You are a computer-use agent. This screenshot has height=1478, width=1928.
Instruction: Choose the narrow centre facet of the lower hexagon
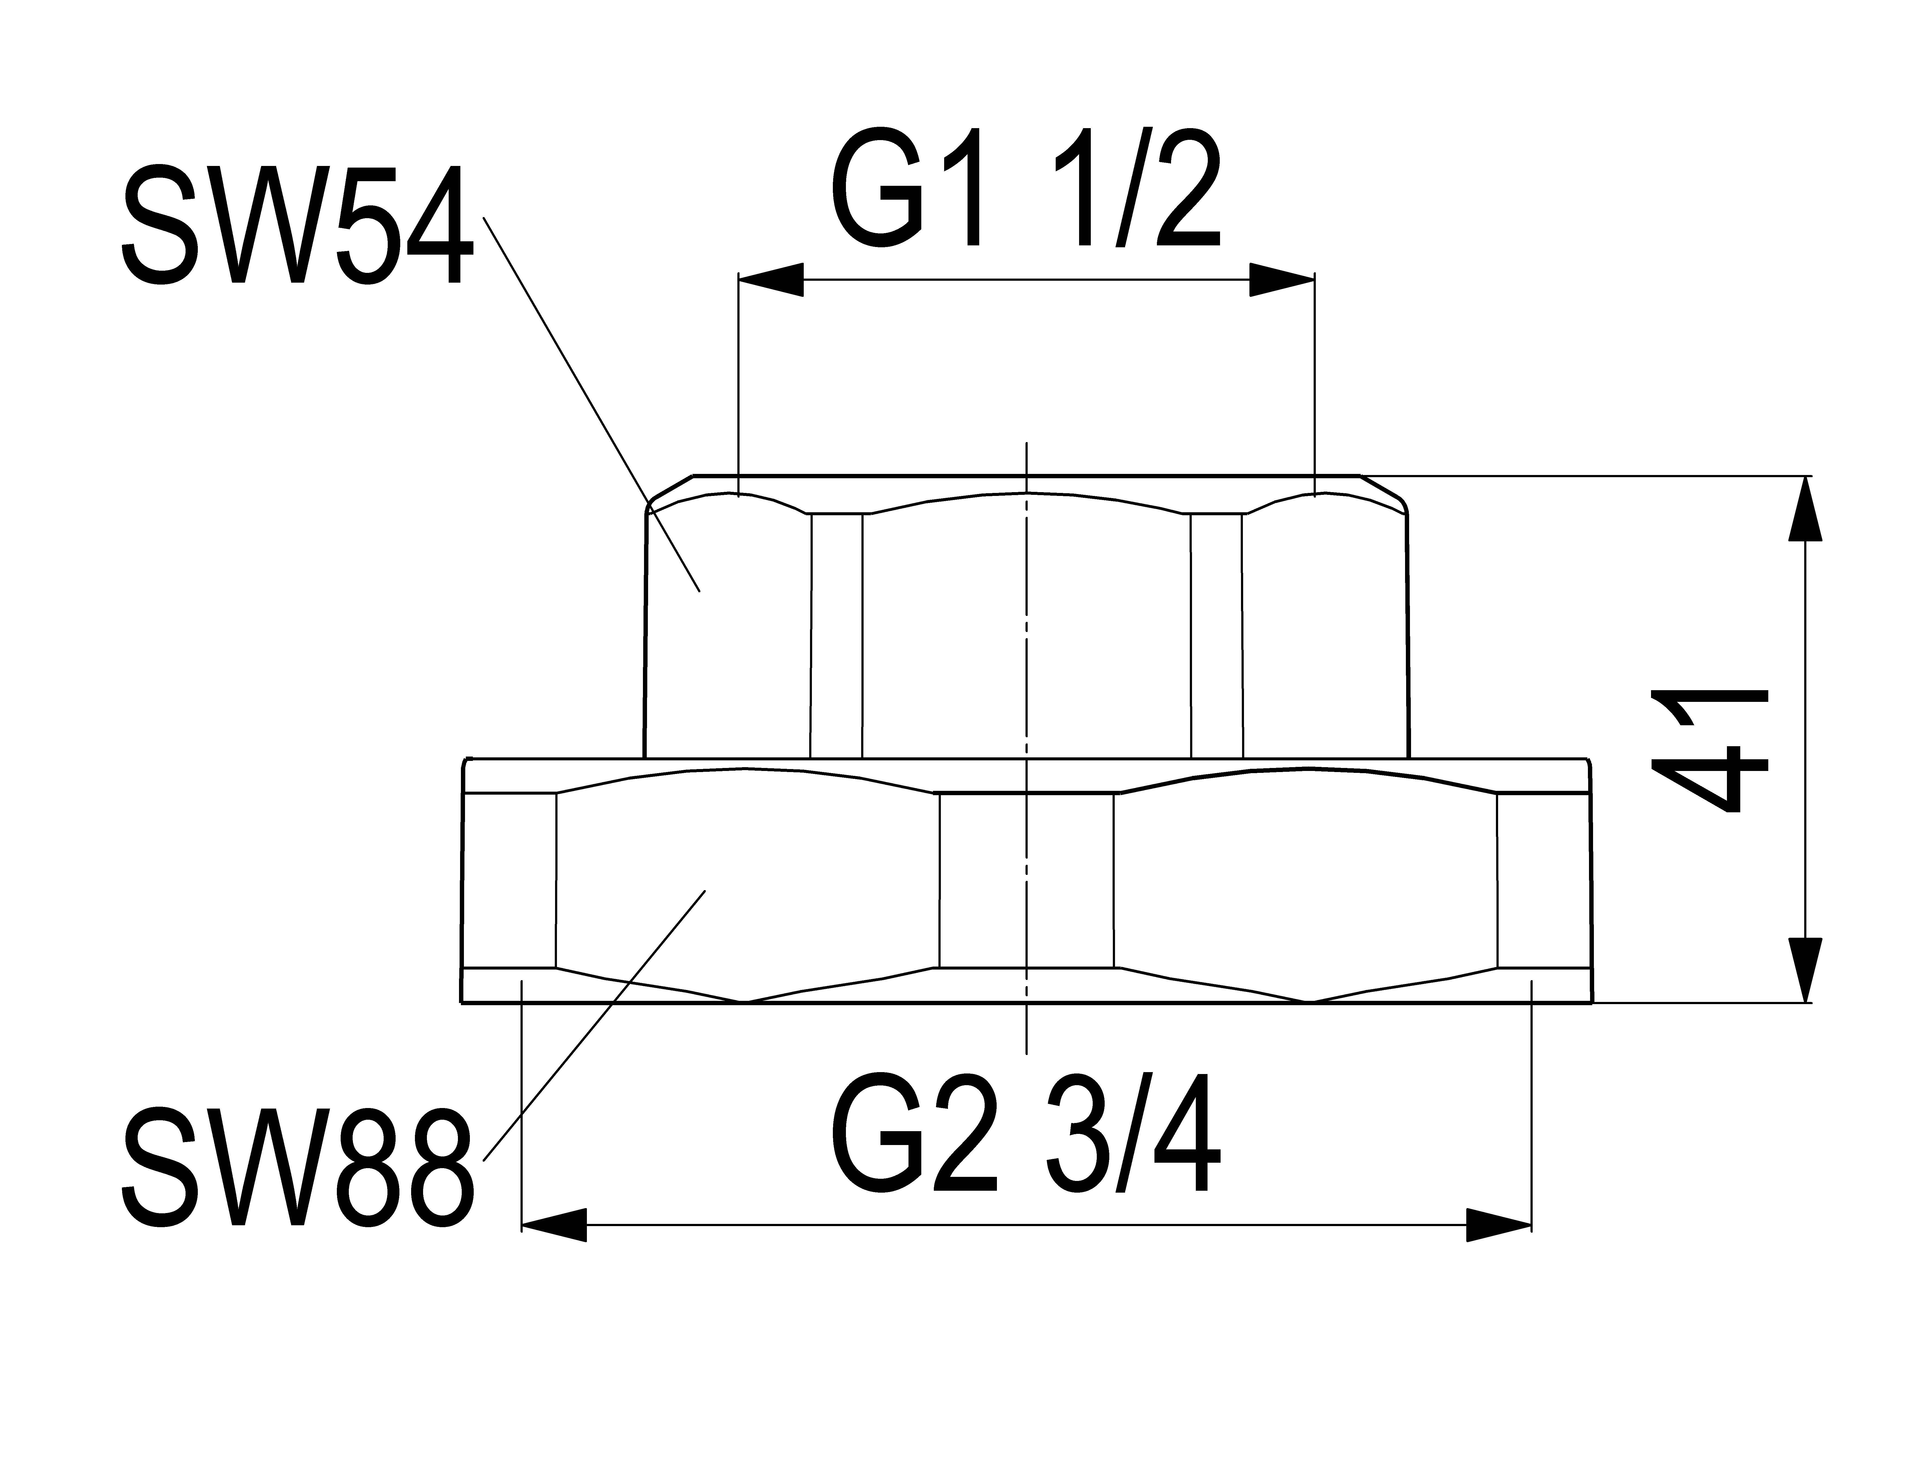(x=1027, y=880)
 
